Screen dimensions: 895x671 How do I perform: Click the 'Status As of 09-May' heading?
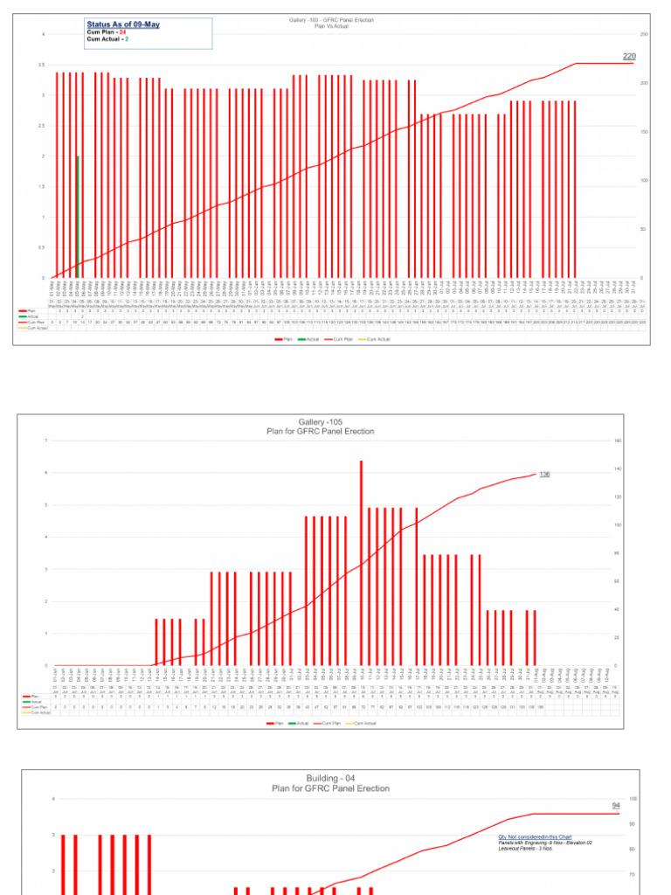pos(122,24)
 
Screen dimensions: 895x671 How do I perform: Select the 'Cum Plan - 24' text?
pos(107,32)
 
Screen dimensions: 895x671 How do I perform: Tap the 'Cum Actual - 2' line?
pos(107,39)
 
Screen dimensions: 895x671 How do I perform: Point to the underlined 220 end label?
pos(629,56)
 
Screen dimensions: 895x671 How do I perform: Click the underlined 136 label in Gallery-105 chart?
pos(544,474)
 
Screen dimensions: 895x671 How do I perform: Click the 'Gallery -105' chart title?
pos(323,422)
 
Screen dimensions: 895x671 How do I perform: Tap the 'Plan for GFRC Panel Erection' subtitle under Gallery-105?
pos(323,431)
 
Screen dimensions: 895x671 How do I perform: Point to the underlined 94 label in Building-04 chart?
pos(615,805)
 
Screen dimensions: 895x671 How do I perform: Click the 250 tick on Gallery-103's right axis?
pos(644,34)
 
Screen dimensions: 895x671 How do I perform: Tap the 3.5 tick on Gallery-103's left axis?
pos(42,65)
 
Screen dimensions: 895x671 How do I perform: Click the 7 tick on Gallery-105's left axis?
pos(45,441)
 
